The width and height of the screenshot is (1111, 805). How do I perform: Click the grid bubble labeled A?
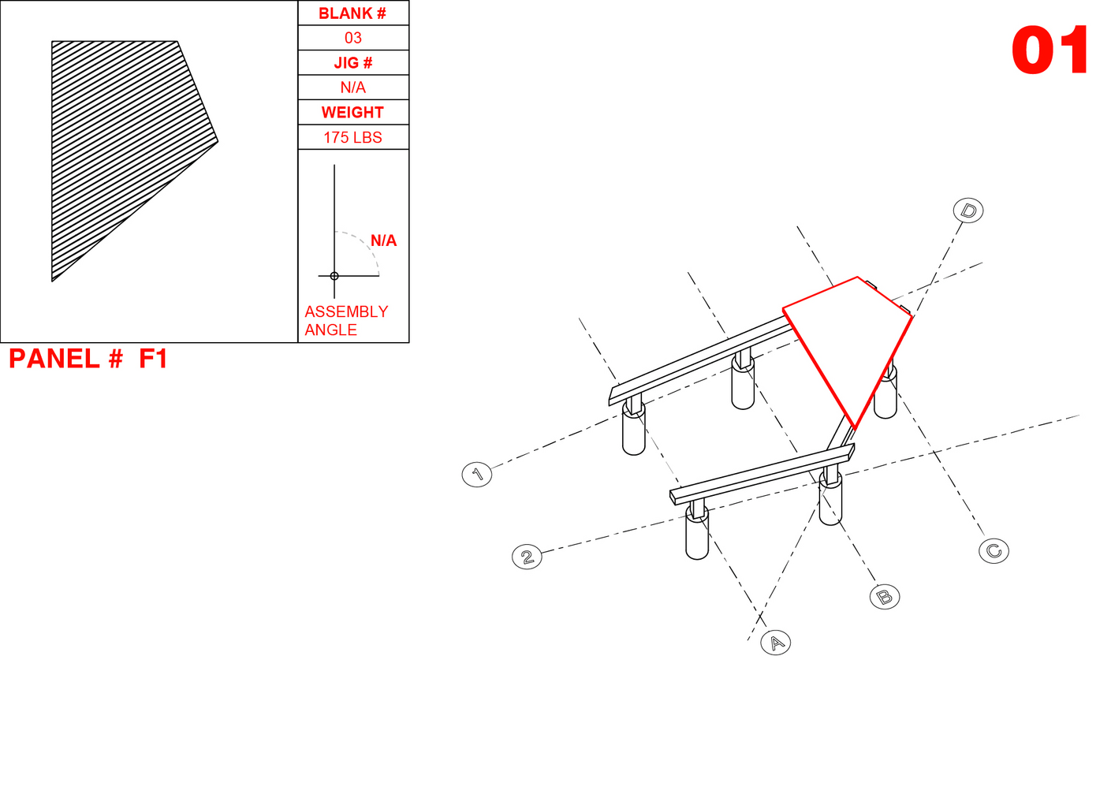776,643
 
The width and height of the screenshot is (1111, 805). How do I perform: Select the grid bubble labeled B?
885,597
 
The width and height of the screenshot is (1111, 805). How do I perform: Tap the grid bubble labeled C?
994,551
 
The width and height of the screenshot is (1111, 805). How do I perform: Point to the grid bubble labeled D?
968,211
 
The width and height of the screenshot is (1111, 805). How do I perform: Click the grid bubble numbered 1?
477,474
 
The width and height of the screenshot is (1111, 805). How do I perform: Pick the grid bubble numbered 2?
527,557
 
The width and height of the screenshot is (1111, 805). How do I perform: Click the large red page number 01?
1049,50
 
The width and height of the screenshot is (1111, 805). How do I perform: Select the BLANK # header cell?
353,13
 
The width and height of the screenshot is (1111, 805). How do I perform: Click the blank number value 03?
353,38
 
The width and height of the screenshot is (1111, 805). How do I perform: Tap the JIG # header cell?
353,62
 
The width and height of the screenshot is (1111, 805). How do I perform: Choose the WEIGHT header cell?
353,112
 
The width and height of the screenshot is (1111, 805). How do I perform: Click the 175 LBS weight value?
352,137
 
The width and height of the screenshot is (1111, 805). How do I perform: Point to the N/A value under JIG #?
352,88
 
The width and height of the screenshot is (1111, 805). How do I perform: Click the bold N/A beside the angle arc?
383,240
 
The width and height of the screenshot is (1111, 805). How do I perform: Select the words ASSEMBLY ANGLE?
345,320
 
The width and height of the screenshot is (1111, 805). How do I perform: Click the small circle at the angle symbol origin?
334,276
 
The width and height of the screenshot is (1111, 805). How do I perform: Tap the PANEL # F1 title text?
88,359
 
